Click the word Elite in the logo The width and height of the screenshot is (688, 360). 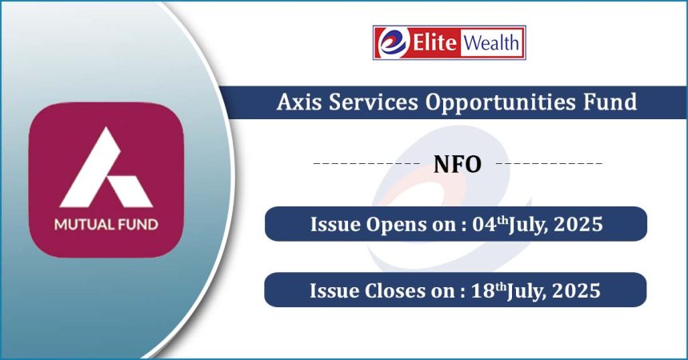click(x=434, y=42)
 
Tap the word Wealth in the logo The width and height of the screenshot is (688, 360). click(x=491, y=43)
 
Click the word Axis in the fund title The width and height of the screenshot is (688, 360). click(x=300, y=102)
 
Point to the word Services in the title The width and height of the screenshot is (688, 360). click(x=374, y=102)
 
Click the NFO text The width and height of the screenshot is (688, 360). click(x=458, y=164)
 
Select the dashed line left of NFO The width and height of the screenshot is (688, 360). click(x=367, y=164)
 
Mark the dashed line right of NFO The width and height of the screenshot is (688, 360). click(x=549, y=164)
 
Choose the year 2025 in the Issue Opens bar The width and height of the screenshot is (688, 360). click(x=578, y=224)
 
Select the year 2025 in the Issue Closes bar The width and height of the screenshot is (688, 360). click(x=577, y=290)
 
